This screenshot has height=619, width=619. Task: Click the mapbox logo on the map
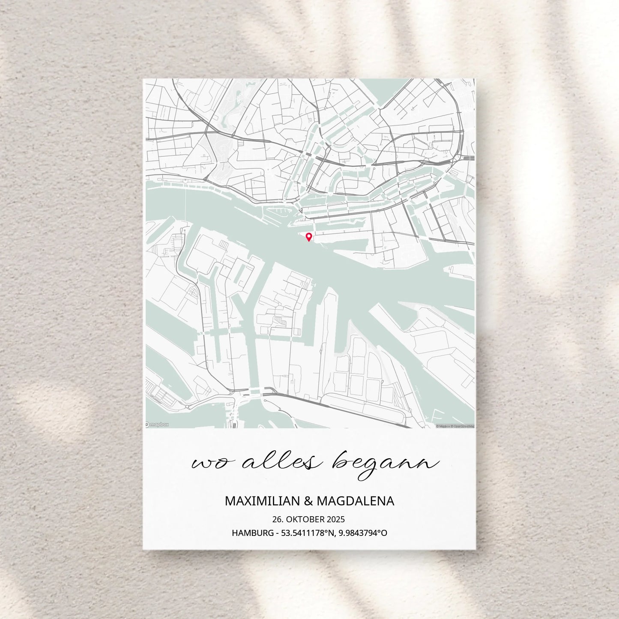(157, 424)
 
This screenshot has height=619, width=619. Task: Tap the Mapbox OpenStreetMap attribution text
(455, 426)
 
